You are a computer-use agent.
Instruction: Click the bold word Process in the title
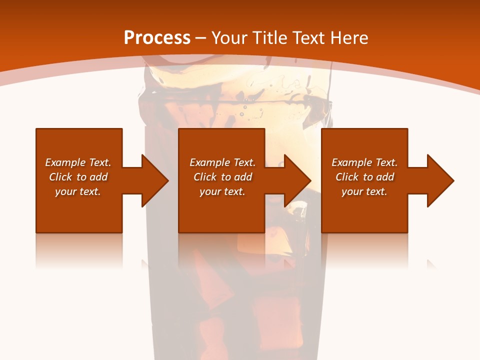pos(157,38)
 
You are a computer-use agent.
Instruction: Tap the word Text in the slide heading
pos(309,38)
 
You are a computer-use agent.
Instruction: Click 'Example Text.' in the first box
pos(78,162)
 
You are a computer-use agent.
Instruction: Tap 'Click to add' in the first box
pos(78,177)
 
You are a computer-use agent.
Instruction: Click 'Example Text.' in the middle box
pos(222,162)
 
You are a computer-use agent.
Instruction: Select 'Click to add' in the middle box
pos(222,177)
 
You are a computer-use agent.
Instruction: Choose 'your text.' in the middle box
pos(222,191)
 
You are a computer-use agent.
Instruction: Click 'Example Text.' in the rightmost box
pos(364,162)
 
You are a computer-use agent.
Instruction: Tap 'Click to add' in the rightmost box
pos(365,177)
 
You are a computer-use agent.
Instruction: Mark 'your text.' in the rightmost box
pos(364,191)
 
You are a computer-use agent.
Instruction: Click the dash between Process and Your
pos(201,38)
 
